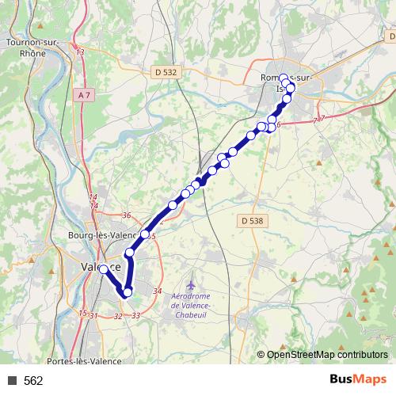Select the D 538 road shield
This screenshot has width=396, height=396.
pyautogui.click(x=249, y=219)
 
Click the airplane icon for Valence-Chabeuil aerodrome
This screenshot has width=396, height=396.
pyautogui.click(x=190, y=284)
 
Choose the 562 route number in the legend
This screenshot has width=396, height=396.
pyautogui.click(x=33, y=381)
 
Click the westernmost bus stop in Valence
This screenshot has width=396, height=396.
pyautogui.click(x=103, y=270)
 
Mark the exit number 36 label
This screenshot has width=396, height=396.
pyautogui.click(x=126, y=215)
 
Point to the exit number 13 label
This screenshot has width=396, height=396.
pyautogui.click(x=81, y=51)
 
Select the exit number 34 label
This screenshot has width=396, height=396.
pyautogui.click(x=157, y=291)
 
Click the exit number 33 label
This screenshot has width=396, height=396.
pyautogui.click(x=136, y=315)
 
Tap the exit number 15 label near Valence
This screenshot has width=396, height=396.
pyautogui.click(x=82, y=313)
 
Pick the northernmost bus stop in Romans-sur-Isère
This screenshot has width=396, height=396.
pyautogui.click(x=284, y=78)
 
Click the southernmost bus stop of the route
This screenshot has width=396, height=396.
pyautogui.click(x=127, y=295)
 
